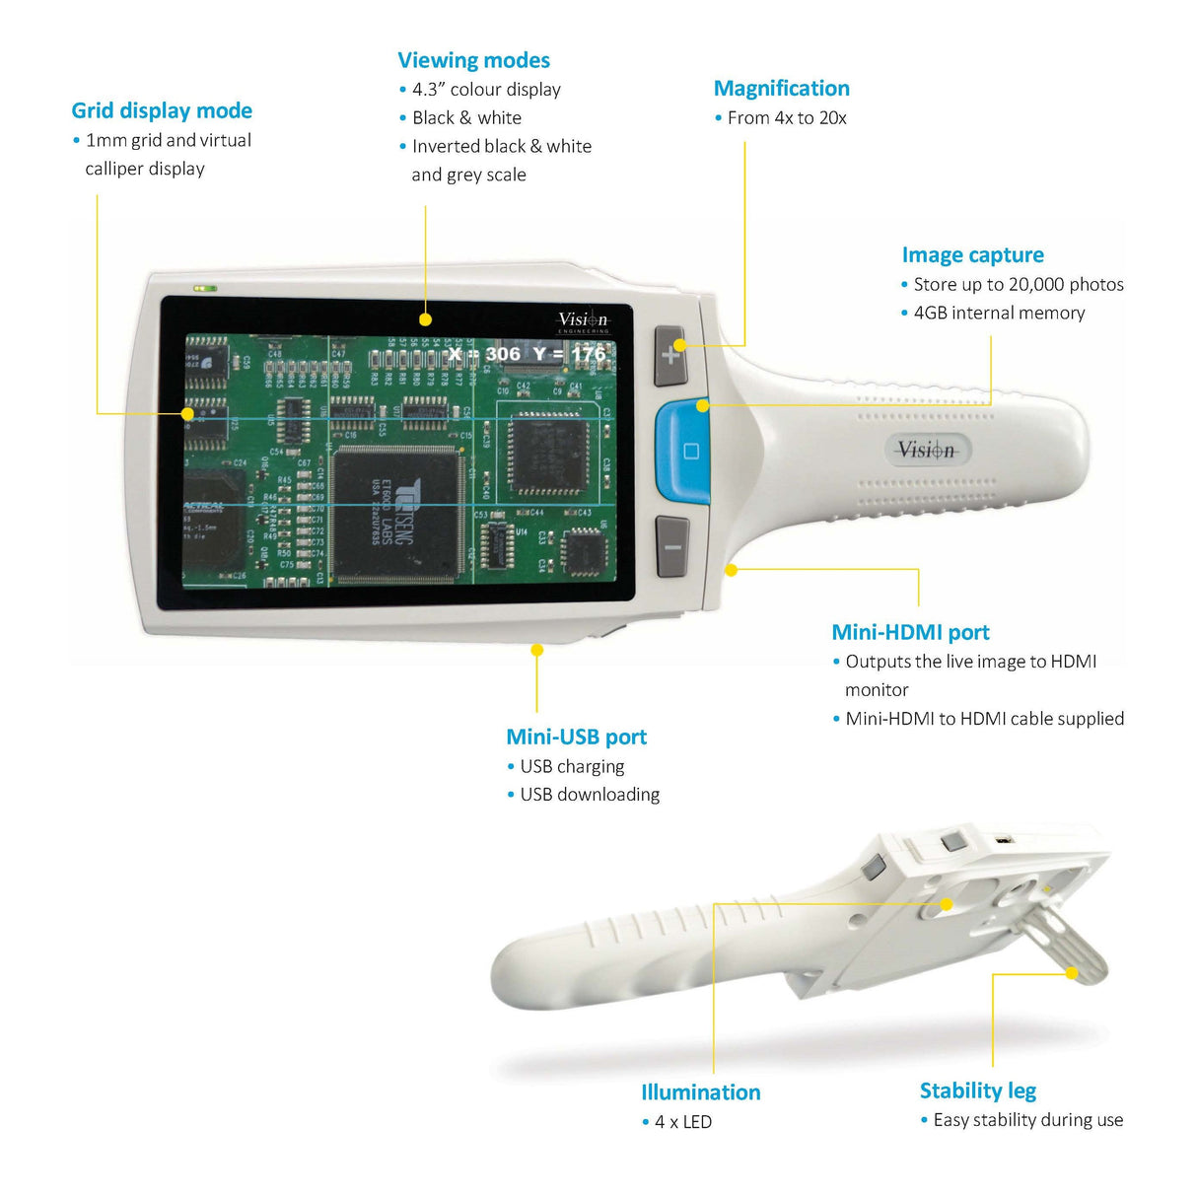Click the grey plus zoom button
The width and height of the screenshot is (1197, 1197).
[x=670, y=355]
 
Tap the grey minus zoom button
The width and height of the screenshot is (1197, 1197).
[x=671, y=546]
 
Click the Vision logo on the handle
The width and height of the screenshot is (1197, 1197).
[x=927, y=451]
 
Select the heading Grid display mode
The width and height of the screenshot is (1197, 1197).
[x=162, y=110]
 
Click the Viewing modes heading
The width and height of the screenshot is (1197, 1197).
[x=473, y=60]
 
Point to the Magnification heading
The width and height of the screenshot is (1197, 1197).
[x=781, y=89]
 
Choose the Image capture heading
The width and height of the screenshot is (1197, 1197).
[x=972, y=255]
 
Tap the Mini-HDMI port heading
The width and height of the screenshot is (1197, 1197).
[x=910, y=633]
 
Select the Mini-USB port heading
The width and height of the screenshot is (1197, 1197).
[x=576, y=738]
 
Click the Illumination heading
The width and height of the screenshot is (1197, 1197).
[x=700, y=1092]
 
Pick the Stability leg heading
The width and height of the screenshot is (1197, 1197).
[x=977, y=1091]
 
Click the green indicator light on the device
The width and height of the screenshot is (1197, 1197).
[x=206, y=289]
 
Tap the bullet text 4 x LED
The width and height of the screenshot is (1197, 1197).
[x=682, y=1122]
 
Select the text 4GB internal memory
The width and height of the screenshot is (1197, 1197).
[x=999, y=314]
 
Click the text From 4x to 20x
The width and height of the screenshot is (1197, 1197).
[x=787, y=118]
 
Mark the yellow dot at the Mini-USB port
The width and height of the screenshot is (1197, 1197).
[x=537, y=650]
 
